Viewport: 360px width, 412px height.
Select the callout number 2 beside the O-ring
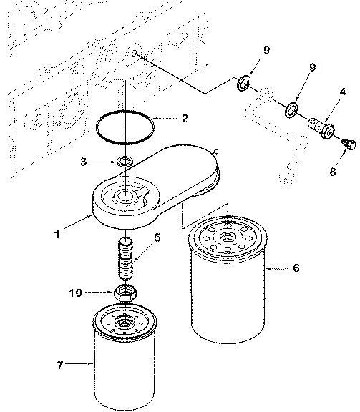click(x=185, y=118)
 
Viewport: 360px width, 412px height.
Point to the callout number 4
click(x=343, y=92)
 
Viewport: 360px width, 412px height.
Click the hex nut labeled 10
click(x=126, y=292)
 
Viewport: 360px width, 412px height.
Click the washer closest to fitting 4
click(x=291, y=110)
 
